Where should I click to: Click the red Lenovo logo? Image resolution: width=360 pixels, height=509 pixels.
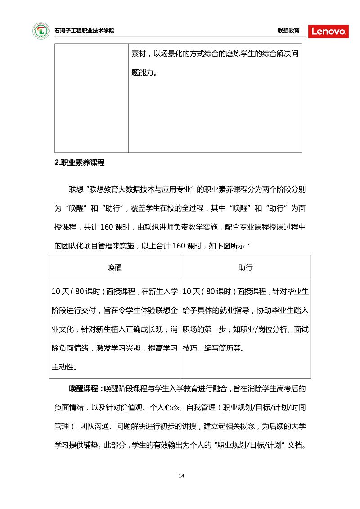click(x=328, y=31)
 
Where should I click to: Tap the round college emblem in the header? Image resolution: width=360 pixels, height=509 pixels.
click(x=41, y=31)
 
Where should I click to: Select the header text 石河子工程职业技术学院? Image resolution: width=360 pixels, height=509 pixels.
click(x=84, y=31)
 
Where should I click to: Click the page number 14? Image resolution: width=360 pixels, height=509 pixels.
click(x=181, y=476)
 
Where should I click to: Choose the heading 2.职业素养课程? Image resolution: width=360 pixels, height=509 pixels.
click(x=79, y=163)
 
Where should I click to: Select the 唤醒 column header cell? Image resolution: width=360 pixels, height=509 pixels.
click(x=115, y=267)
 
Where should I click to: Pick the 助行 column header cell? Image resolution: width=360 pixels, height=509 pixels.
click(x=245, y=267)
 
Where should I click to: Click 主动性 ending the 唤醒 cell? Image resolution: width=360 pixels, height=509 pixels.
click(x=63, y=367)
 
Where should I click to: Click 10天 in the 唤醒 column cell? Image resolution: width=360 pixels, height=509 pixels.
click(x=60, y=292)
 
